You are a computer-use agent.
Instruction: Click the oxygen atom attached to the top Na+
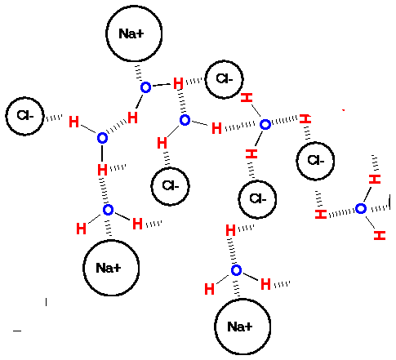coord(146,87)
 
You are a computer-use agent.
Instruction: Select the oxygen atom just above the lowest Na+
coord(236,270)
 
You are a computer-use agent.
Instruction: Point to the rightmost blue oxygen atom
coord(361,209)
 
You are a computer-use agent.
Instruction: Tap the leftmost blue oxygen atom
coord(102,138)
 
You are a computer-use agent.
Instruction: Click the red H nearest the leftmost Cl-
coord(73,122)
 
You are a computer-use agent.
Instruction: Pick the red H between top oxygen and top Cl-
coord(178,83)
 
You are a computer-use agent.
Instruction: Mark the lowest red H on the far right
coord(380,235)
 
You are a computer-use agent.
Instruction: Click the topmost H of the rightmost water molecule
coord(375,180)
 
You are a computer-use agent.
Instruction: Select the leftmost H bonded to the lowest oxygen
coord(209,289)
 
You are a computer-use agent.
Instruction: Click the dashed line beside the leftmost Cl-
coord(54,118)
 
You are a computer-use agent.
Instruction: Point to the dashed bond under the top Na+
coord(139,73)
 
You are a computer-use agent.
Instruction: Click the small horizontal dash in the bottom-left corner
coord(17,331)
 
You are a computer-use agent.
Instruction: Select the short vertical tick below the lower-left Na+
coord(47,302)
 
